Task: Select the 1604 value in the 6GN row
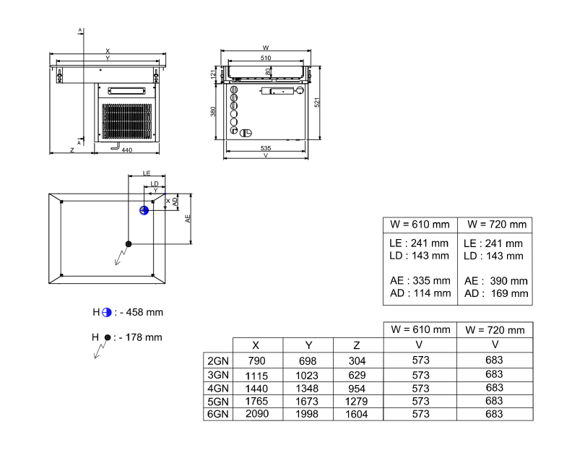click(356, 414)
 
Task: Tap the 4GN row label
click(217, 388)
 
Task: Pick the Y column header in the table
click(308, 345)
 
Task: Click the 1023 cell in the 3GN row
click(308, 375)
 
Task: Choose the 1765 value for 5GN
click(257, 401)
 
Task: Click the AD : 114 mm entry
click(419, 293)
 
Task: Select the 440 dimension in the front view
click(127, 150)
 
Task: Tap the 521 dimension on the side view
click(316, 102)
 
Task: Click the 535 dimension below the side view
click(266, 147)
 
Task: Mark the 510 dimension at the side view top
click(266, 58)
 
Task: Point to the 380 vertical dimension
click(213, 112)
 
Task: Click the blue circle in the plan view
click(144, 210)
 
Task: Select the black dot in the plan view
click(128, 243)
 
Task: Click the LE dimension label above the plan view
click(147, 174)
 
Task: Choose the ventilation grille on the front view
click(128, 121)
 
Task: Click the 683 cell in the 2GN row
click(494, 360)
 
